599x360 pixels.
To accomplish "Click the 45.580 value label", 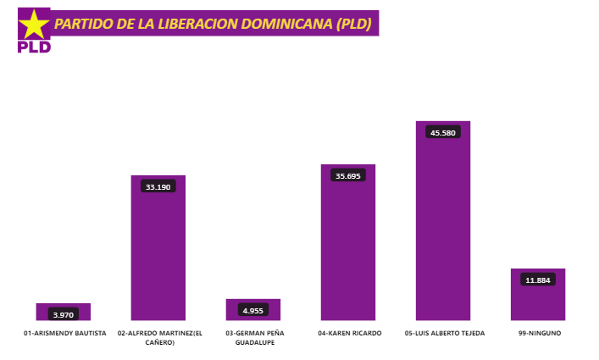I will tap(443, 133).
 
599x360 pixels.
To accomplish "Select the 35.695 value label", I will tap(348, 176).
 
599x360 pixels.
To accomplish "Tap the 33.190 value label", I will tap(158, 186).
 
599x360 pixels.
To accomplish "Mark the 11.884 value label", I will tap(538, 280).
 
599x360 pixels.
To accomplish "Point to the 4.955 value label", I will tap(253, 311).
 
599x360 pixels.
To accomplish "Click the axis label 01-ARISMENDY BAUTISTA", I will tap(65, 334).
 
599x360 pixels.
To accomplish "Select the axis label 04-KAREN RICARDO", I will tap(350, 334).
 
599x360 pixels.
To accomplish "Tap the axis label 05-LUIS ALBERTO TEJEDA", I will tap(445, 334).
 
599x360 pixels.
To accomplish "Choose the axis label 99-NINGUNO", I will tap(540, 334).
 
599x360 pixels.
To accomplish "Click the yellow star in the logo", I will tap(34, 25).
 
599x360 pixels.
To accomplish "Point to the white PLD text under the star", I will tap(34, 47).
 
